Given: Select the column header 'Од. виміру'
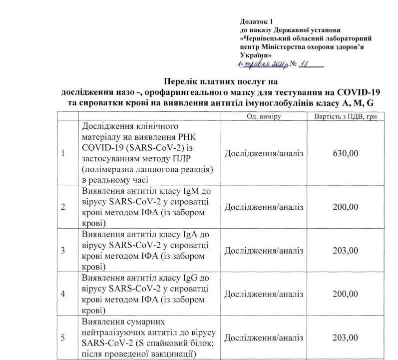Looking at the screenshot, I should (x=264, y=116).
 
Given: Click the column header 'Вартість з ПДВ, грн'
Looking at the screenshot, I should (x=345, y=116).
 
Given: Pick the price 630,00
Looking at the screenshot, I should (x=345, y=153).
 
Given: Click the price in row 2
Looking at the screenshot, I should (x=345, y=208).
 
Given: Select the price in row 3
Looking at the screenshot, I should (x=345, y=251).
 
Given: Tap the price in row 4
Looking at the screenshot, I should (x=345, y=294).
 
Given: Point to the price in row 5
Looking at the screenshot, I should (x=345, y=338).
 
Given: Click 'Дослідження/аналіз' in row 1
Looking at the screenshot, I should (x=264, y=153).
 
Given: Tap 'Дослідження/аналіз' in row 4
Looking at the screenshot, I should (x=264, y=294).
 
